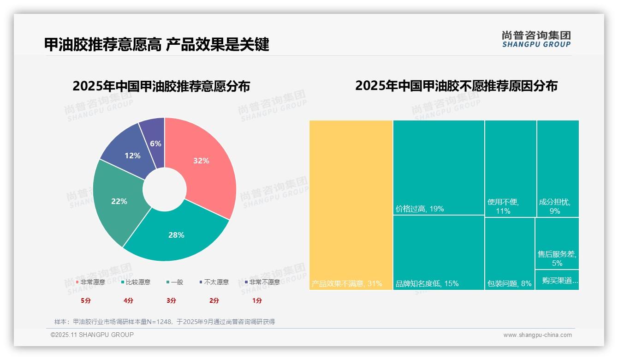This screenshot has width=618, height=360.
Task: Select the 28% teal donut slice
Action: (176, 234)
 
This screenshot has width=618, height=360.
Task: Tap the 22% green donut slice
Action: (119, 201)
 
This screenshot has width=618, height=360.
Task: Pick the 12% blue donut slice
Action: (132, 156)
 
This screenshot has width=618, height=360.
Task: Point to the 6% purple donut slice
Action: (155, 143)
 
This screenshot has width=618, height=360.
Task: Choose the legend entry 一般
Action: (175, 282)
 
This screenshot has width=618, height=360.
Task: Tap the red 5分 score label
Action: (86, 300)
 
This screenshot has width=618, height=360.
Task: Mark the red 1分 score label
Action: (257, 300)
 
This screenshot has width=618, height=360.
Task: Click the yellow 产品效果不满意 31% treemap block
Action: (351, 205)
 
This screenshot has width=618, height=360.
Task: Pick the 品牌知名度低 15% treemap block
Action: (438, 253)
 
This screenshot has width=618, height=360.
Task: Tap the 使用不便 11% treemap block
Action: (510, 168)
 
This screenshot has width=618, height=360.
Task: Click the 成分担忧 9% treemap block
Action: (558, 168)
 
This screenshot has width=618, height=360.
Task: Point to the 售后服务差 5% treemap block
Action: (557, 243)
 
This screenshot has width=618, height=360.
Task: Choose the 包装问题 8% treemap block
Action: (510, 253)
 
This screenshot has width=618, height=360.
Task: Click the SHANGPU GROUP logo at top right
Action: (536, 39)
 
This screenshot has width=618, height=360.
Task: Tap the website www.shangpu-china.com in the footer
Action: (537, 335)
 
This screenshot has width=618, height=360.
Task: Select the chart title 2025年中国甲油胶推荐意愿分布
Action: (161, 86)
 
